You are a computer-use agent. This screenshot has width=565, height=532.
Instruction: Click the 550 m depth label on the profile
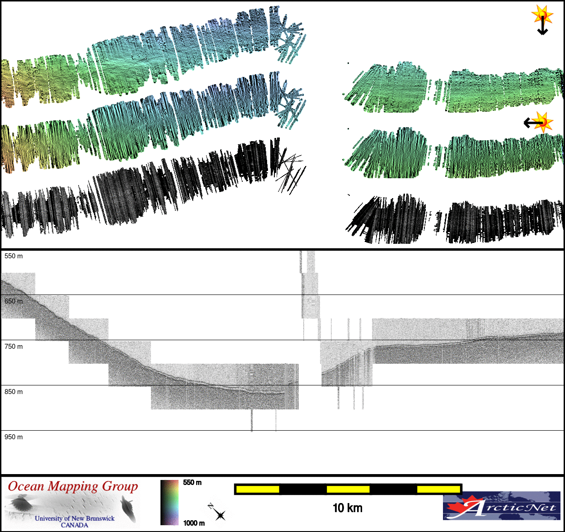(x=14, y=256)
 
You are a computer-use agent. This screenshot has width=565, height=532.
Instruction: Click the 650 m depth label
(x=14, y=301)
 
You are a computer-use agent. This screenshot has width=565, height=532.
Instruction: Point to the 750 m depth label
(x=14, y=347)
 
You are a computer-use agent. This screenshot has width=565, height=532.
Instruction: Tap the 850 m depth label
(x=14, y=392)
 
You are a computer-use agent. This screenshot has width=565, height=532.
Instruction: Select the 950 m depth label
(x=14, y=437)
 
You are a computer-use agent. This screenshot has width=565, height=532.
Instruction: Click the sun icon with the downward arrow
(x=542, y=19)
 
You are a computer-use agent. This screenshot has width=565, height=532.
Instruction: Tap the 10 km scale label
(x=348, y=508)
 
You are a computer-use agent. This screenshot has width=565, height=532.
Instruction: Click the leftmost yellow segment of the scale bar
(x=258, y=489)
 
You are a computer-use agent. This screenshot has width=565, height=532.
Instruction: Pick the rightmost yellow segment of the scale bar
(x=438, y=489)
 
